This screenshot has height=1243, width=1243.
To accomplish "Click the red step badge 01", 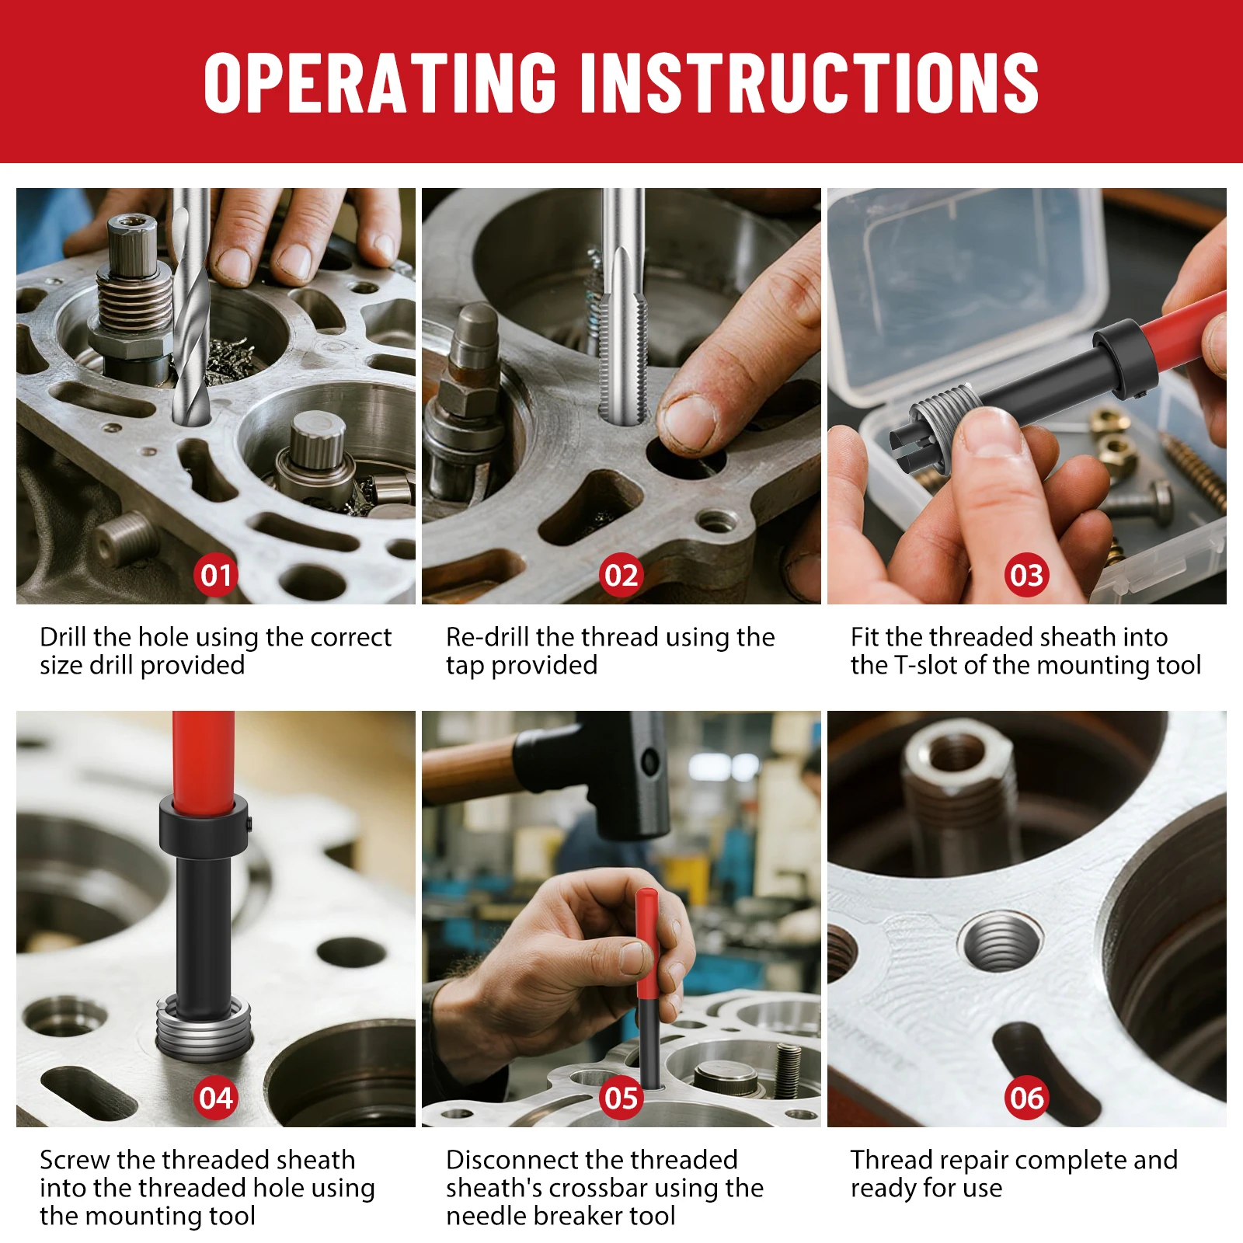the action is [216, 575].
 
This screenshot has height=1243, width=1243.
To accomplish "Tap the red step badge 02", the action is [621, 575].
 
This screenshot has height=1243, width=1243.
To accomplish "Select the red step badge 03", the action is [1027, 575].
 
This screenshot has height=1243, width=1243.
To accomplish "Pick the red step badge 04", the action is [216, 1098].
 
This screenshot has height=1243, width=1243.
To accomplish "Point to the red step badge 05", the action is [621, 1098].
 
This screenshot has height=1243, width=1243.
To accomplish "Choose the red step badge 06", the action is [1027, 1098].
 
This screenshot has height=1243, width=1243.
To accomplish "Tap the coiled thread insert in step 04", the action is [204, 1029].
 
